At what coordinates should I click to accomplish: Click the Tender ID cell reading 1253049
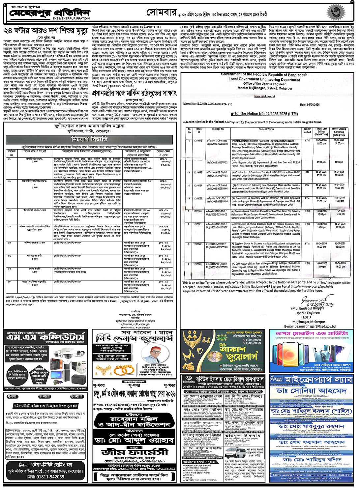[198, 140]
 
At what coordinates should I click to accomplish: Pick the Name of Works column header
[266, 129]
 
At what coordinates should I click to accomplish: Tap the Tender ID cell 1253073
[198, 264]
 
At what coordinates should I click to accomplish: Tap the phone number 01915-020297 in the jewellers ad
[253, 340]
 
